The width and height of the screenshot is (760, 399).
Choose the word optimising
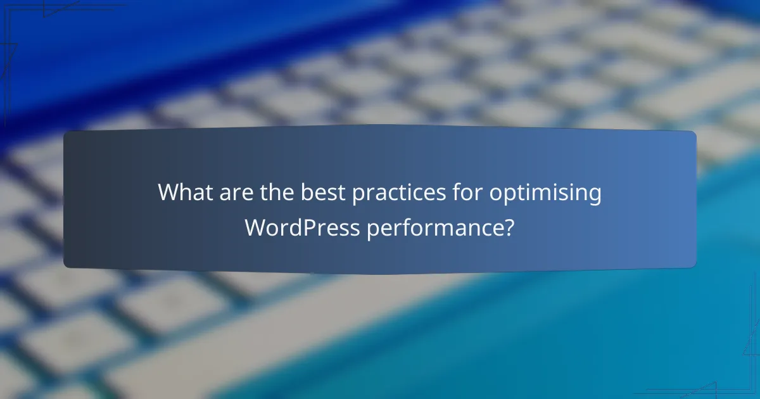pyautogui.click(x=545, y=193)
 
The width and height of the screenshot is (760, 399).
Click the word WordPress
pyautogui.click(x=301, y=227)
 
